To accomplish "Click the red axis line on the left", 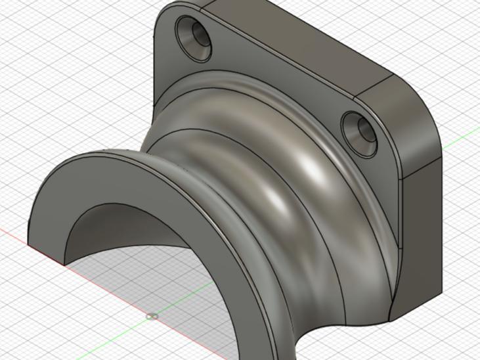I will click(x=26, y=244).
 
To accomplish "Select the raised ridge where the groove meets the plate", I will click(x=276, y=99).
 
